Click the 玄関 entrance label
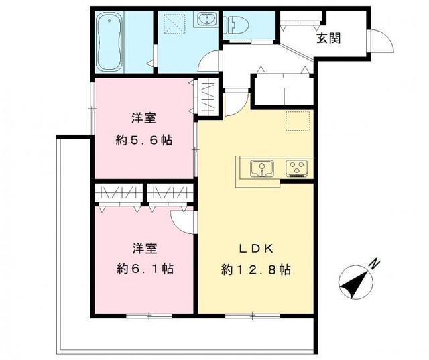point(328,38)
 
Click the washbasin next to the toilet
point(205,21)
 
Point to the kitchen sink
point(261,168)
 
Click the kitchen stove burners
point(296,167)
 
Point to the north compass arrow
point(353,282)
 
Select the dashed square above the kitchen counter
point(296,120)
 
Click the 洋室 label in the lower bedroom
point(143,248)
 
